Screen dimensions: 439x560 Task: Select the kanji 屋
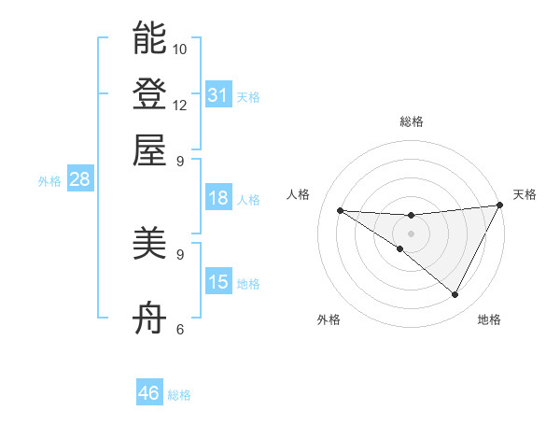pyautogui.click(x=149, y=149)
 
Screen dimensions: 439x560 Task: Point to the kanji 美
pyautogui.click(x=149, y=245)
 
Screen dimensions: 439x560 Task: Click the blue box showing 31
pyautogui.click(x=218, y=94)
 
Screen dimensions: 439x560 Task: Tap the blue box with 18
pyautogui.click(x=218, y=198)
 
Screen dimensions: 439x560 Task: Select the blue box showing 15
pyautogui.click(x=218, y=282)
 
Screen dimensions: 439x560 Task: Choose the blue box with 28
pyautogui.click(x=79, y=180)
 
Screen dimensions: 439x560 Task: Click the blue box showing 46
pyautogui.click(x=149, y=393)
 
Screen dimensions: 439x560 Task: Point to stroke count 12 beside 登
pyautogui.click(x=180, y=105)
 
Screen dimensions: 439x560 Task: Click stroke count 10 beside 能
pyautogui.click(x=180, y=49)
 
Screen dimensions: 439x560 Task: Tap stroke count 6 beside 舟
pyautogui.click(x=180, y=329)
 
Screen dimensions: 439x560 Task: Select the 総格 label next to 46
pyautogui.click(x=180, y=395)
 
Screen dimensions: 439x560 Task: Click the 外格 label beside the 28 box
pyautogui.click(x=49, y=181)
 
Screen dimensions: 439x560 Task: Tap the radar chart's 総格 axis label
pyautogui.click(x=412, y=121)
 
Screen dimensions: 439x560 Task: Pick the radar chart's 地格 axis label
pyautogui.click(x=489, y=320)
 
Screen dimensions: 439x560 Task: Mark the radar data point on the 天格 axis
pyautogui.click(x=500, y=205)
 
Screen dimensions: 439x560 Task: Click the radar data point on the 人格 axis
pyautogui.click(x=341, y=210)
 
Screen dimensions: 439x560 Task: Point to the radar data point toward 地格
pyautogui.click(x=455, y=295)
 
